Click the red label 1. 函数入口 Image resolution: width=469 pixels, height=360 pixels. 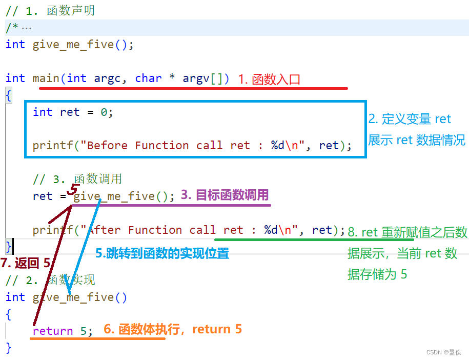tap(269, 79)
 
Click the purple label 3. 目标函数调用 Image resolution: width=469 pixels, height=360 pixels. tap(225, 195)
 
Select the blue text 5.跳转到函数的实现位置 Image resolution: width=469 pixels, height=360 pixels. tap(162, 253)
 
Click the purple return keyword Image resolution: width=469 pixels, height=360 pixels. tap(53, 331)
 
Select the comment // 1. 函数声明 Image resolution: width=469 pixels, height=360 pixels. tap(50, 11)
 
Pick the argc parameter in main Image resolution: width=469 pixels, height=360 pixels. tap(108, 78)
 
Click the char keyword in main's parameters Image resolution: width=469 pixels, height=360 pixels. tap(149, 78)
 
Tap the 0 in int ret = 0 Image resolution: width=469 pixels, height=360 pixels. tap(104, 112)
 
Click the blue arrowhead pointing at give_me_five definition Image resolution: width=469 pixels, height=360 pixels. tap(68, 290)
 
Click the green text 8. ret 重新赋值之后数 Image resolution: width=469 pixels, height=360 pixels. tap(407, 232)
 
